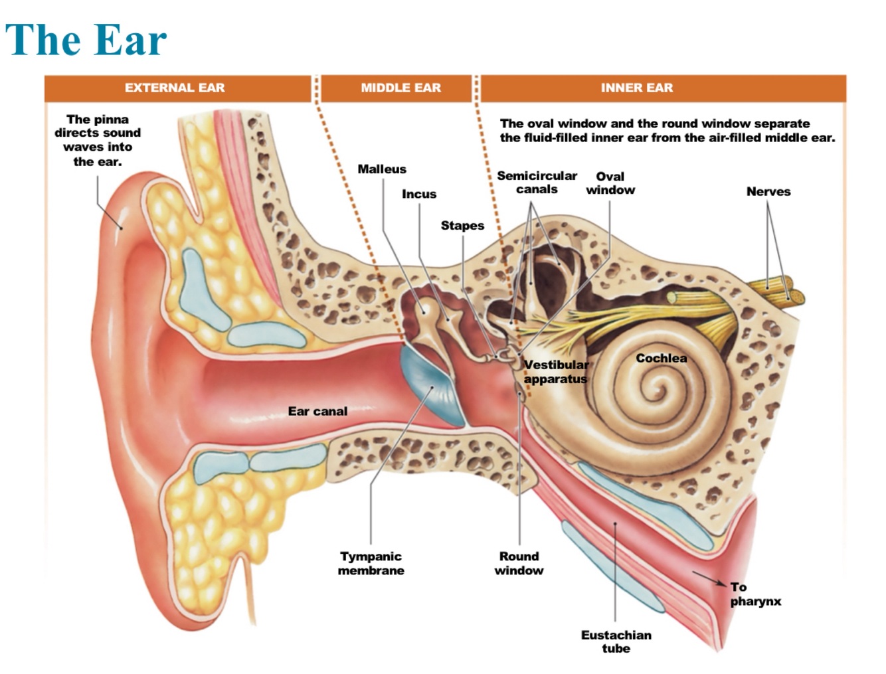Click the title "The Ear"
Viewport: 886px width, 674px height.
tap(86, 40)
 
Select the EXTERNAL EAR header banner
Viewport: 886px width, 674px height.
tap(175, 88)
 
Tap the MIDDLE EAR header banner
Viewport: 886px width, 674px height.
tap(400, 88)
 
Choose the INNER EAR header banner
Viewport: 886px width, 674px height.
tap(636, 88)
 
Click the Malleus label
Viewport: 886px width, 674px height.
tap(382, 169)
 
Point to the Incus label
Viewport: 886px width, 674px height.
tap(419, 194)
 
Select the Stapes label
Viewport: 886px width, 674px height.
tap(462, 226)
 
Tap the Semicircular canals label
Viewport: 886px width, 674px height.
tap(537, 183)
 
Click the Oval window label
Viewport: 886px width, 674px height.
tap(610, 183)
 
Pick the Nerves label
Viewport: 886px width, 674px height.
tap(768, 191)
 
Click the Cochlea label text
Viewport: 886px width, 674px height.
tap(661, 359)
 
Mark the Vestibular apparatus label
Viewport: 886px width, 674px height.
tap(556, 372)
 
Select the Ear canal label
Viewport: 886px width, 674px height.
tap(317, 412)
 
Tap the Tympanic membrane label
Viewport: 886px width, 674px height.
tap(371, 563)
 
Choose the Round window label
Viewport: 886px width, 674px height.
tap(519, 563)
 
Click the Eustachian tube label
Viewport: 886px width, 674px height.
tap(616, 641)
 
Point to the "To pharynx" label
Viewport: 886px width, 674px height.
tap(755, 594)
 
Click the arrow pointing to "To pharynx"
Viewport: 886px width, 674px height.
tap(709, 578)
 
